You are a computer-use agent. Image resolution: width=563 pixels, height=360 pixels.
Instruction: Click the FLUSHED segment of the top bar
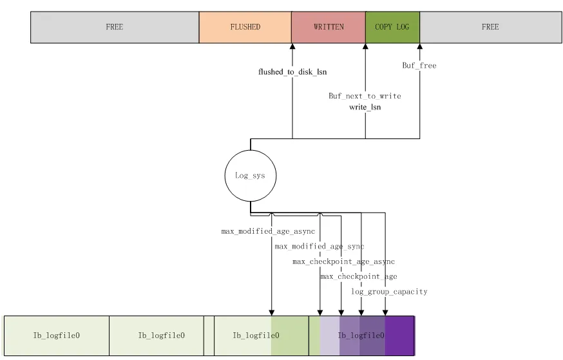click(245, 27)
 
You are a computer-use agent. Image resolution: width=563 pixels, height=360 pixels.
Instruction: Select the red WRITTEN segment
click(329, 27)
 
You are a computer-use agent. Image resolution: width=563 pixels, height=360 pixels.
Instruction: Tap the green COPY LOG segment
click(392, 27)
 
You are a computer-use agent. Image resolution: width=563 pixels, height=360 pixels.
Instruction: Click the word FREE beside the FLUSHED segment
click(114, 27)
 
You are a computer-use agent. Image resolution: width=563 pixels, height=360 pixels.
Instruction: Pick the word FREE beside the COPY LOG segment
click(490, 27)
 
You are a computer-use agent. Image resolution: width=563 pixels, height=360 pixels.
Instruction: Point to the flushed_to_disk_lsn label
click(293, 72)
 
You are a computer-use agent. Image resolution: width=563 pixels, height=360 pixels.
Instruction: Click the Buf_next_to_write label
click(365, 96)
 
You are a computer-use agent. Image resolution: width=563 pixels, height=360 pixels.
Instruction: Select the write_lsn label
click(365, 107)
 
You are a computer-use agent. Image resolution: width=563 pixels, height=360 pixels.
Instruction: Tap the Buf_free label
click(419, 65)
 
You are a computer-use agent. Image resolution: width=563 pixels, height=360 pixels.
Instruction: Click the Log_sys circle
click(250, 175)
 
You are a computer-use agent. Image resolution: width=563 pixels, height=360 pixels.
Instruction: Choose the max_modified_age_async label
click(268, 231)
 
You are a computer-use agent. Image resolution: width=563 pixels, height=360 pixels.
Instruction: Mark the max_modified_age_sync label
click(320, 246)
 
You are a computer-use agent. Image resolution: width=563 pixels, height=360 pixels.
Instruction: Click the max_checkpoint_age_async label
click(343, 261)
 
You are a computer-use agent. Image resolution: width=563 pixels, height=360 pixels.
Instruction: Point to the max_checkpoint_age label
click(359, 276)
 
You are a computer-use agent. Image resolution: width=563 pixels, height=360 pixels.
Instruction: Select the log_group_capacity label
click(389, 292)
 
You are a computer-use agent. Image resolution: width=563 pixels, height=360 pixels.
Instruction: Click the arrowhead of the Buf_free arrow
click(420, 47)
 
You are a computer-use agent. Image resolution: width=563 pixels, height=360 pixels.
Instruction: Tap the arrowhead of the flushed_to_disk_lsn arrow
click(292, 47)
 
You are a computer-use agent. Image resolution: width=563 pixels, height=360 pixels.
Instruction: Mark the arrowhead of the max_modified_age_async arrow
click(272, 312)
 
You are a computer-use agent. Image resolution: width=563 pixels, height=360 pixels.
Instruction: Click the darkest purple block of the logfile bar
click(399, 335)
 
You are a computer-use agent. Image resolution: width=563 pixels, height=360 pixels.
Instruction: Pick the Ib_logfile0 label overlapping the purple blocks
click(361, 336)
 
